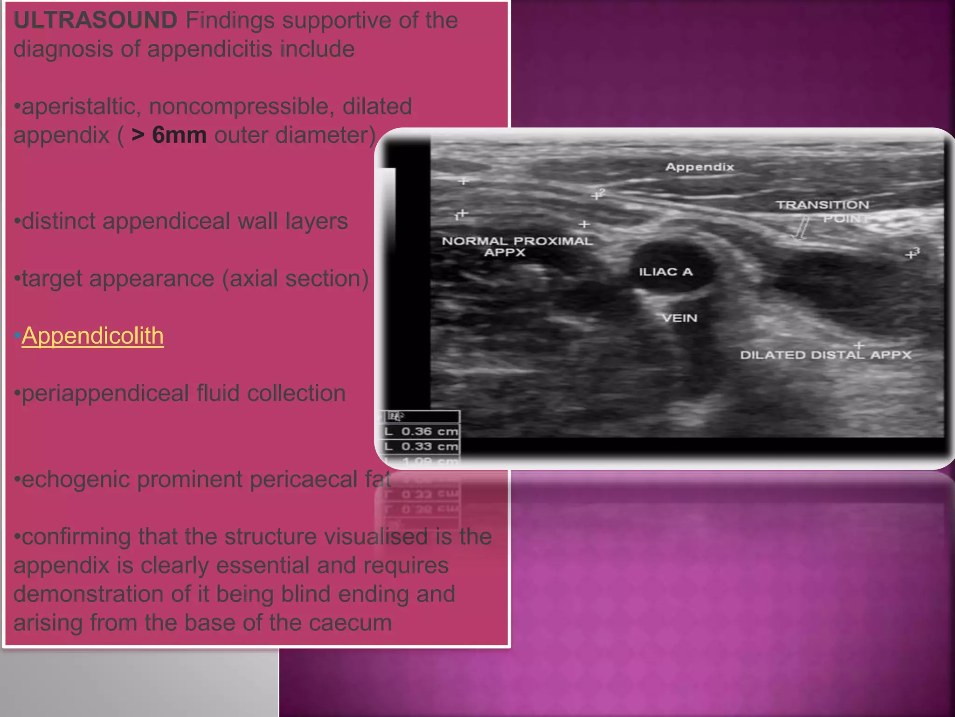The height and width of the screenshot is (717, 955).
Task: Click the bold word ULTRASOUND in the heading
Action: (95, 21)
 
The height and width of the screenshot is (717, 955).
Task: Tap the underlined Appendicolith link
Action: (92, 336)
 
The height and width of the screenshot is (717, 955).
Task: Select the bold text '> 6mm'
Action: (169, 135)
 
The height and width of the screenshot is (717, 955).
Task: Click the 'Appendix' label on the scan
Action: (699, 167)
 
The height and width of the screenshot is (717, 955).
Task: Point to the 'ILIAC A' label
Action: (665, 272)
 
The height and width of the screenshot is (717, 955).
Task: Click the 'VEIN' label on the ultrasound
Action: (680, 318)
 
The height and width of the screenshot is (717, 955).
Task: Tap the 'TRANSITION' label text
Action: (822, 205)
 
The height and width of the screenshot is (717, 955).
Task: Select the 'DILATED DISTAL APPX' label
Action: (825, 355)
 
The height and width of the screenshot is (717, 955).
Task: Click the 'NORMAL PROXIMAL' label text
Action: (517, 241)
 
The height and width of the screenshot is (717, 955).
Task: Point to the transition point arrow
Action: (802, 228)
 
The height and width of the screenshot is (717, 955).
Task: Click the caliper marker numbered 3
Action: (912, 253)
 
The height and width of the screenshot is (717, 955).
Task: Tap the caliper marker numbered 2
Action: (597, 194)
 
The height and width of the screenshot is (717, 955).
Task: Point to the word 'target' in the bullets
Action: (51, 279)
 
